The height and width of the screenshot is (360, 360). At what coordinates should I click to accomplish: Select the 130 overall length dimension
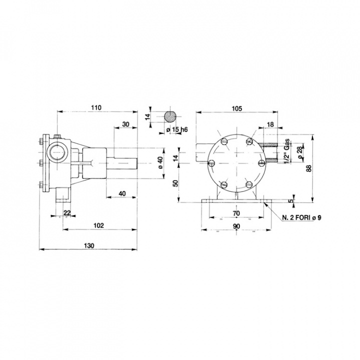(89, 246)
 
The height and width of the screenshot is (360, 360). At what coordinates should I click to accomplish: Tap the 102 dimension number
(98, 225)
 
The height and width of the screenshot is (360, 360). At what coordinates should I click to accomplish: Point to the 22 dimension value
(66, 213)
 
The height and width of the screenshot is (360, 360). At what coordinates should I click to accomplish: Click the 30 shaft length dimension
(125, 124)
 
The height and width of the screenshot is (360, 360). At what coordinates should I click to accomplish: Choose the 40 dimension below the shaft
(121, 193)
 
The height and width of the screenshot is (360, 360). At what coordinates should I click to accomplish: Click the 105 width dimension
(237, 108)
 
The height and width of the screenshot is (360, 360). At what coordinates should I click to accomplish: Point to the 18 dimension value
(270, 124)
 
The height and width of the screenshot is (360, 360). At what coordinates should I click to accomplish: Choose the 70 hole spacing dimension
(236, 213)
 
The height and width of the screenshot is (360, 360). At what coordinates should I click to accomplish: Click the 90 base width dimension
(236, 226)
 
